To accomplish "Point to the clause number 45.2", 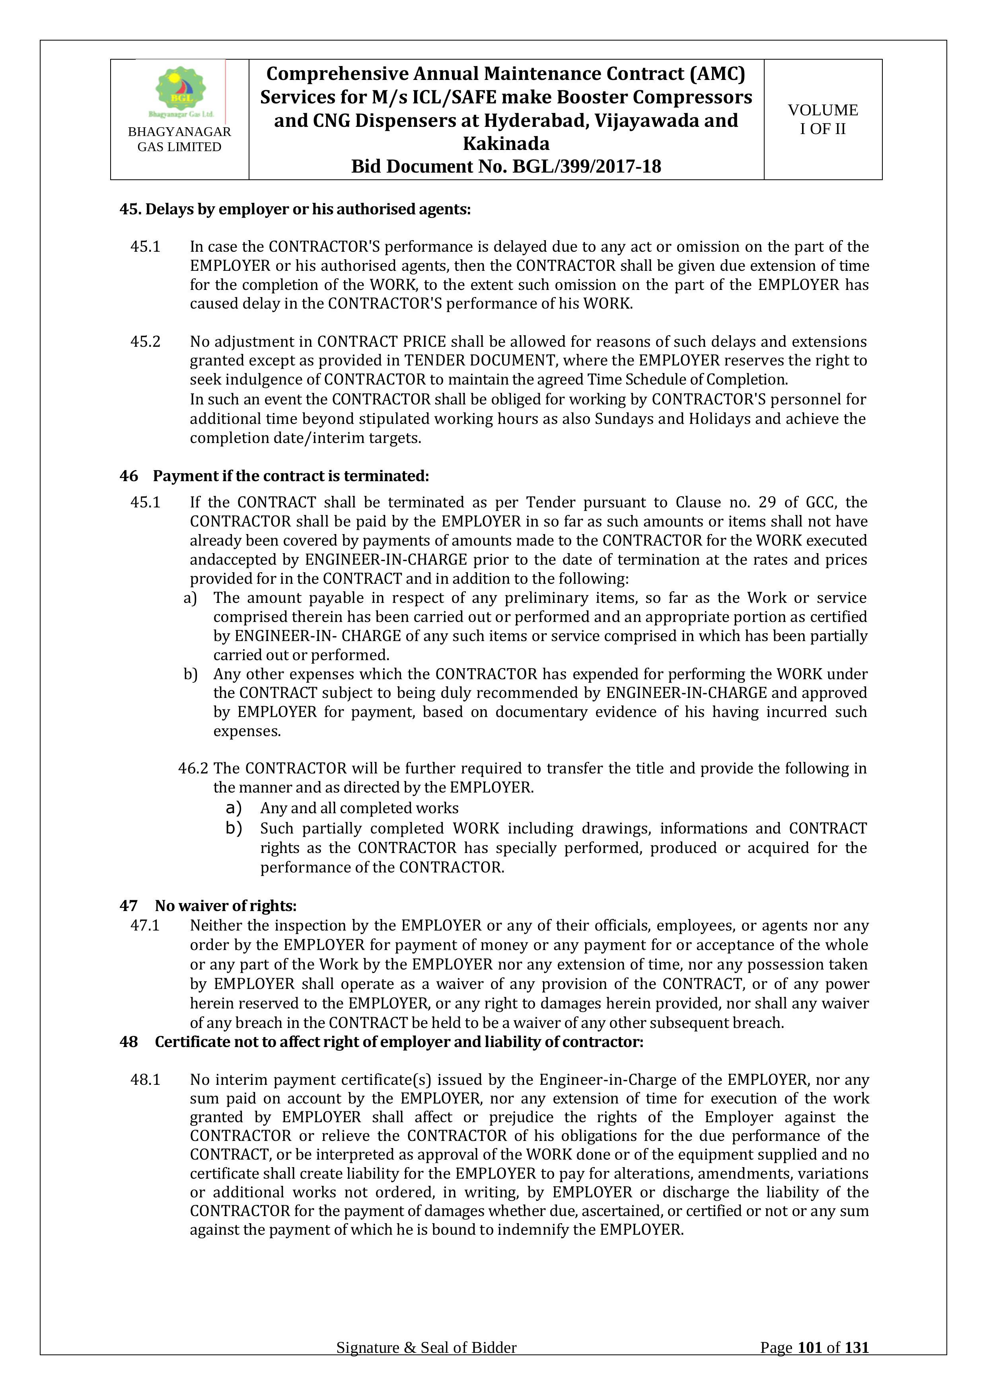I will pos(145,342).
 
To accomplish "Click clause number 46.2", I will pos(193,769).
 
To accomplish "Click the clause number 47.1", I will pos(145,925).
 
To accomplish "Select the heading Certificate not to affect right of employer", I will pos(399,1041).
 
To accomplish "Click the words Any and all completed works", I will pos(359,808).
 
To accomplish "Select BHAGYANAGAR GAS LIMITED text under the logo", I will pos(179,139).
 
